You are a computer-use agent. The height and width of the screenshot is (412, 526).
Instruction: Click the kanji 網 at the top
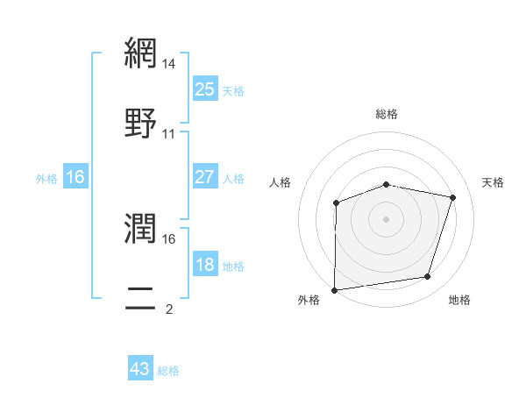coord(141,55)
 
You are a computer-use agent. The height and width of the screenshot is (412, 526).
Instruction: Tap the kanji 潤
coord(141,230)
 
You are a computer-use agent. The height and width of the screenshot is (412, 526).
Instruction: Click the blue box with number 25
coord(204,89)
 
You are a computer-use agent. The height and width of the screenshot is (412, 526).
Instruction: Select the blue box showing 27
coord(204,177)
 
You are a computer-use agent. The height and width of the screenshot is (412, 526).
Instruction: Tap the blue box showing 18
coord(204,265)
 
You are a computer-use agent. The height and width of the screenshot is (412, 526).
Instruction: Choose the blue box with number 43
coord(140,369)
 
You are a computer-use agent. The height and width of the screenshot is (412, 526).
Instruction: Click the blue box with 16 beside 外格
coord(75,177)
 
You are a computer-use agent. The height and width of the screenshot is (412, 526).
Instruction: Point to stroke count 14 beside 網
coord(169,65)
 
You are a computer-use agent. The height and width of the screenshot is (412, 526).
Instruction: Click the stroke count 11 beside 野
coord(169,133)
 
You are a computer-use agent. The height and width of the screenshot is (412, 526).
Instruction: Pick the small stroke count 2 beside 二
coord(168,309)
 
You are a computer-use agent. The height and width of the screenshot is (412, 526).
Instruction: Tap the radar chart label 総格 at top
coord(387,114)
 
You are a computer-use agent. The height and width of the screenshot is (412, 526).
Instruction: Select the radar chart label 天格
coord(493,182)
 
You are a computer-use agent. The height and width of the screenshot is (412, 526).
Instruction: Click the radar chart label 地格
coord(459,300)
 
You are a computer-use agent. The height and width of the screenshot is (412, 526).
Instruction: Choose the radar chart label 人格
coord(281,182)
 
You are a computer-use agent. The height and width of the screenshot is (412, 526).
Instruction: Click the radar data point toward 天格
coord(452,198)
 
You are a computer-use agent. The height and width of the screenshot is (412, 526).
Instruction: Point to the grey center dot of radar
coord(387,219)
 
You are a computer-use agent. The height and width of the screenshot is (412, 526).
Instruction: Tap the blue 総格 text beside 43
coord(168,371)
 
